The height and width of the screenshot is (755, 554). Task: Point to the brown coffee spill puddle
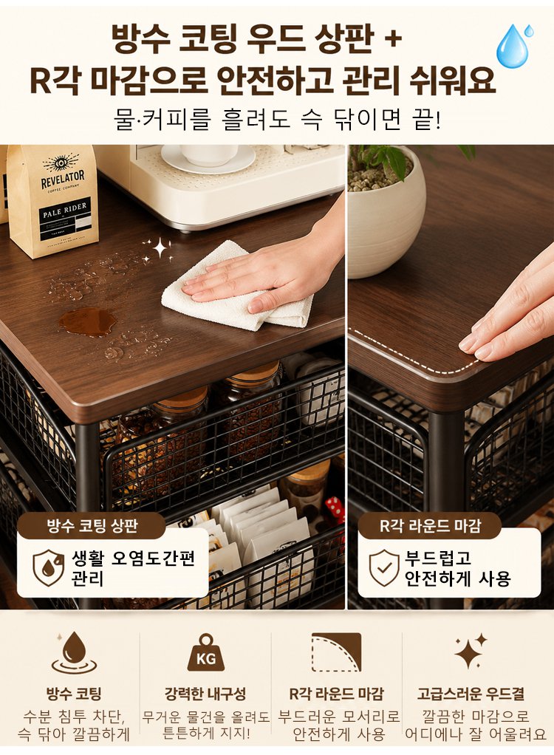click(x=87, y=321)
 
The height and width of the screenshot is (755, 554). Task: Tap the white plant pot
click(x=386, y=212)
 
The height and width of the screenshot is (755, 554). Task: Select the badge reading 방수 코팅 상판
click(x=92, y=525)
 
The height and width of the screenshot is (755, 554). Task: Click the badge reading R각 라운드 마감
click(x=430, y=525)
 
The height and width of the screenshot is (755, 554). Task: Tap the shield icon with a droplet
click(x=48, y=567)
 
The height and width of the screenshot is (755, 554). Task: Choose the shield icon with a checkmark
click(x=383, y=567)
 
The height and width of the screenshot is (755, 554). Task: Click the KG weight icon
click(x=206, y=652)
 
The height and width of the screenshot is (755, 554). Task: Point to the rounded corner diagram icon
click(x=336, y=652)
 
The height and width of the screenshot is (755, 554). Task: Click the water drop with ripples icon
click(x=74, y=653)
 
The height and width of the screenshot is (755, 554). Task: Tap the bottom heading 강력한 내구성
click(x=205, y=694)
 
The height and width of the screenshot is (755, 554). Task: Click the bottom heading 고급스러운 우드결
click(x=471, y=694)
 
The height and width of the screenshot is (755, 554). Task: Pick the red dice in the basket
click(x=335, y=510)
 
